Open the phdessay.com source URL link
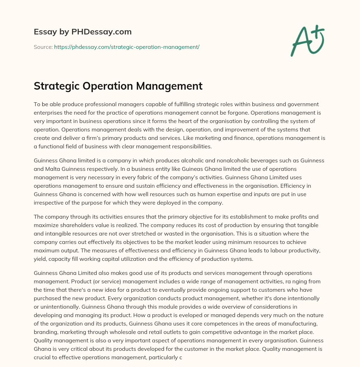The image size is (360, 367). point(127,47)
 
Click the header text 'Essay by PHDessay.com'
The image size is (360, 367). point(83,32)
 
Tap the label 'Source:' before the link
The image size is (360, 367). point(43,47)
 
